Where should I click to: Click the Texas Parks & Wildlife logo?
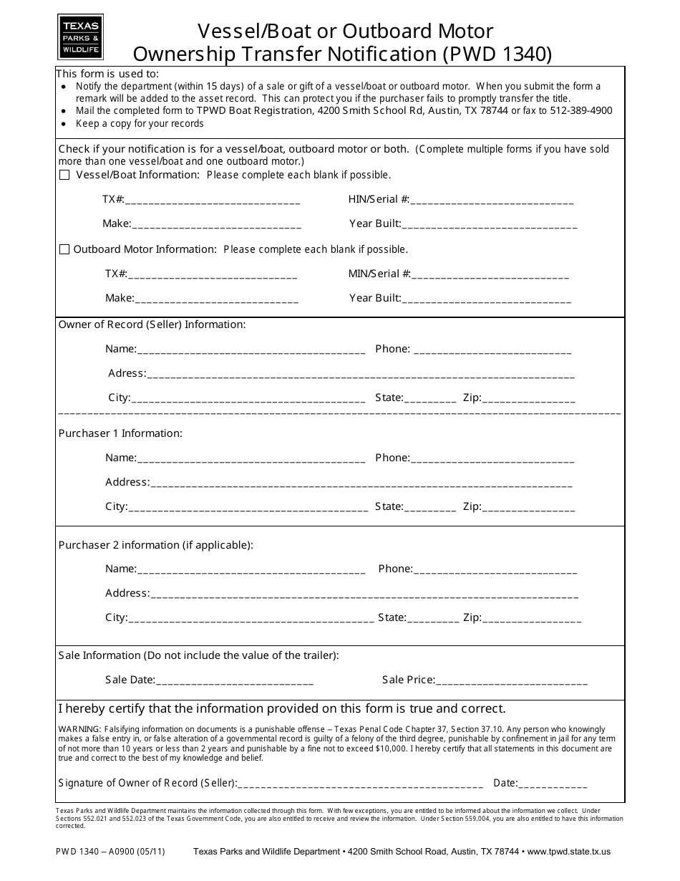80,37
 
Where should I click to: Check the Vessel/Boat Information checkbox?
64,175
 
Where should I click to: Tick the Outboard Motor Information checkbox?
64,249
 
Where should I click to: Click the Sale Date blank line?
234,680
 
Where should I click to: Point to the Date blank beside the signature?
553,784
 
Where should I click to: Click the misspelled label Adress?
127,373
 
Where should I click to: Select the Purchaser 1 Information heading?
120,433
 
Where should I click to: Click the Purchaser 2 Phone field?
495,569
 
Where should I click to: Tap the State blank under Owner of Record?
429,399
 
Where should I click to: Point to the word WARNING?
79,729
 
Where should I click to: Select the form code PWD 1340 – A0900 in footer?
110,852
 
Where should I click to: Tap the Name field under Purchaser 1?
251,458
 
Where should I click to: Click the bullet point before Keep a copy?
66,123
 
